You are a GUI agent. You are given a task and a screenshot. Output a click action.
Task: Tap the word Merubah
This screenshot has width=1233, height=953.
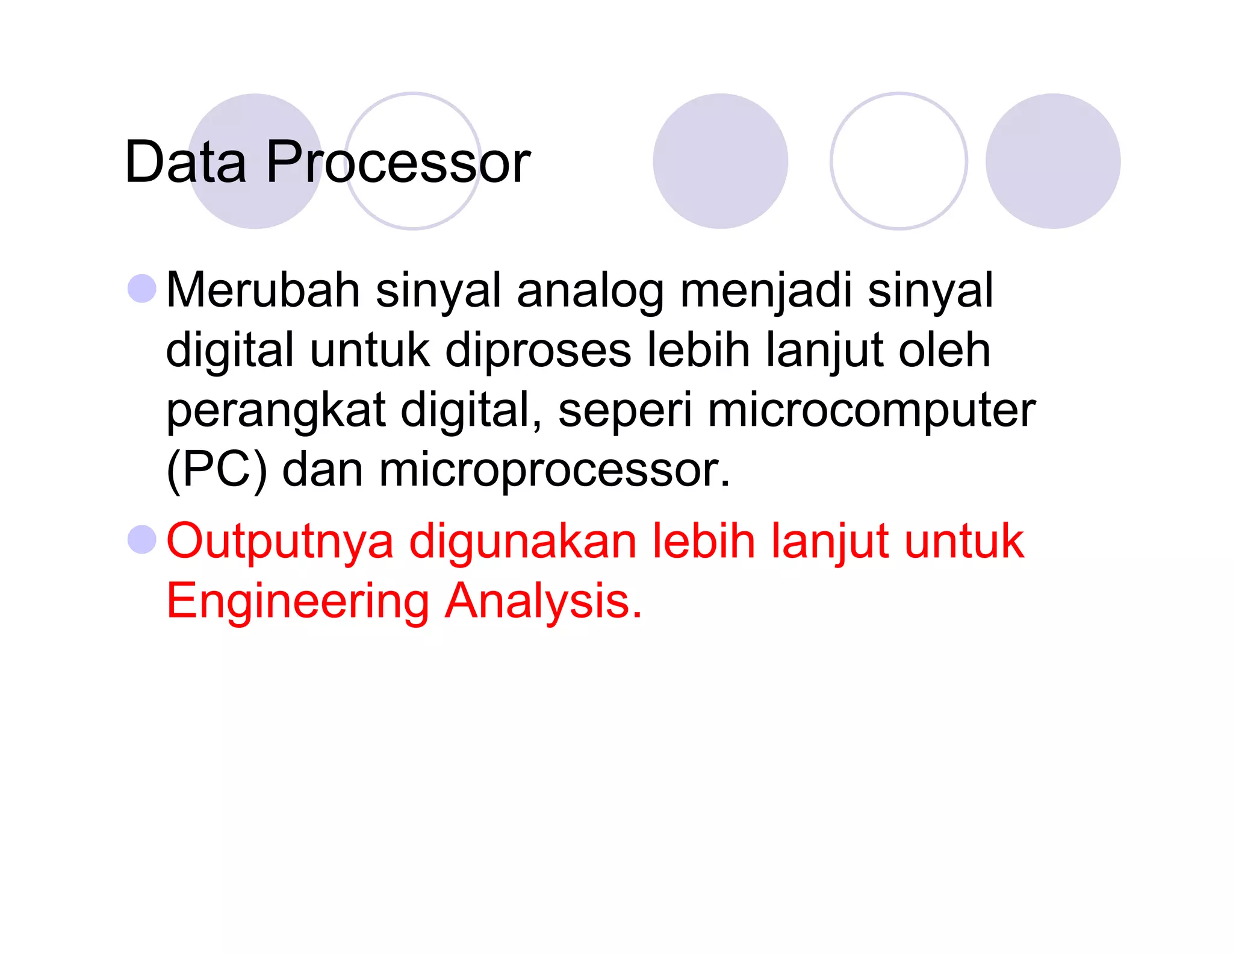point(262,290)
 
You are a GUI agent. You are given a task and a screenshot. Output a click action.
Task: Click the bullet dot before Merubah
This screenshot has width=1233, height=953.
point(143,288)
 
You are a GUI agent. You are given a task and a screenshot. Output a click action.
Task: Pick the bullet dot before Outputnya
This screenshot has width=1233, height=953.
point(143,539)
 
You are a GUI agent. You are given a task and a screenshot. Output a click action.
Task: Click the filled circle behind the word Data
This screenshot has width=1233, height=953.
point(255,120)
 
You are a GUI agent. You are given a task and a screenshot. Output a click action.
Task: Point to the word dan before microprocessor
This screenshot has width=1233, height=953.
point(322,470)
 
